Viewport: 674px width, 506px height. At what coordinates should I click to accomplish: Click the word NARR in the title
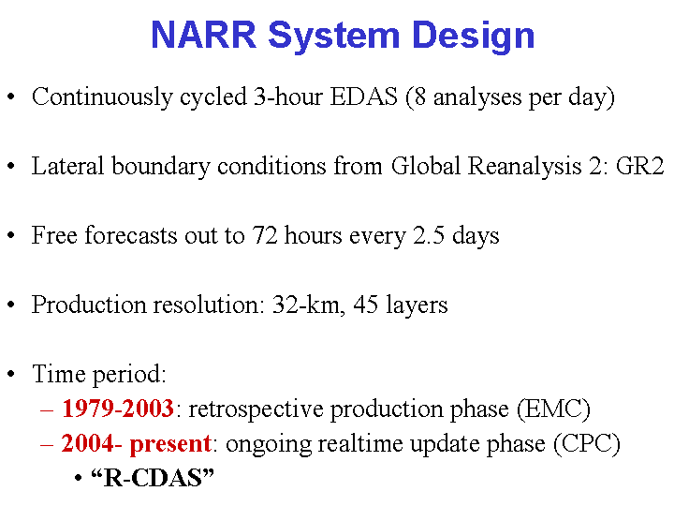pos(204,35)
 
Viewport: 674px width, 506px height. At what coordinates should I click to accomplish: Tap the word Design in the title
pos(474,37)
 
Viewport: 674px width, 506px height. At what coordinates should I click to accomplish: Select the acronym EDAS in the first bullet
pos(363,97)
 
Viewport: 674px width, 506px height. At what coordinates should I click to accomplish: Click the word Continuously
pos(102,97)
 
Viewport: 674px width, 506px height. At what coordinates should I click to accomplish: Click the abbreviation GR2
pos(640,166)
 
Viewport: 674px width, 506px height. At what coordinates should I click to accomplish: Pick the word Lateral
pos(68,166)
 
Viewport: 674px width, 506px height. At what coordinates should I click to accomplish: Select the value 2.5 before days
pos(429,235)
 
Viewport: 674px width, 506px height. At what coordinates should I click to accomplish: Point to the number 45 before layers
pos(366,305)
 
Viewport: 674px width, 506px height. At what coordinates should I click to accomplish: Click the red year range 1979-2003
pos(118,408)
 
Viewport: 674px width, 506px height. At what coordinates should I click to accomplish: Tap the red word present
pos(170,444)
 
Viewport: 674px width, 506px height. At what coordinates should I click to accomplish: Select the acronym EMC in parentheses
pos(553,409)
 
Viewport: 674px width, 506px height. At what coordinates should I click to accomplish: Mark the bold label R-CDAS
pos(153,478)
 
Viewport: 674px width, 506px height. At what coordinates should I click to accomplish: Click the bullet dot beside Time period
pos(11,374)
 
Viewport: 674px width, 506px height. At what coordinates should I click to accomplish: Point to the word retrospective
pos(256,409)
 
